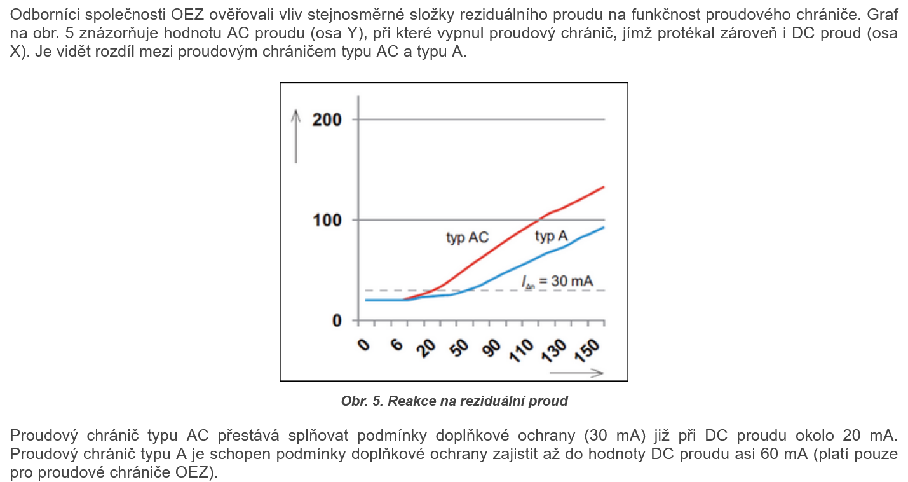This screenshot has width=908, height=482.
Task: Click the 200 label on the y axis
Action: (327, 120)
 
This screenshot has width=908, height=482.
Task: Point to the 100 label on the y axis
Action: (327, 220)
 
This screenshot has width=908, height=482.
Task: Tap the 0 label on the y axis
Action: (337, 321)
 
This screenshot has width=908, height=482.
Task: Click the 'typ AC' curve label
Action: (467, 238)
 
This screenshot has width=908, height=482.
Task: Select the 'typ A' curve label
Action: (551, 237)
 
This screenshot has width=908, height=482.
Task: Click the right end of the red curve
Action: (603, 187)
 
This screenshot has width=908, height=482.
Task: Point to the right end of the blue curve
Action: (603, 228)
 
